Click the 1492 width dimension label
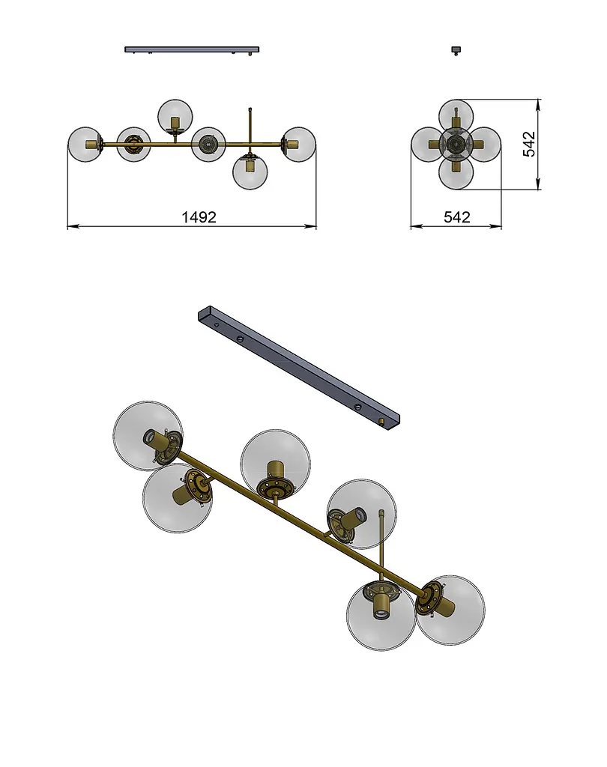pyautogui.click(x=199, y=216)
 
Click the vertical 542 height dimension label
pyautogui.click(x=529, y=144)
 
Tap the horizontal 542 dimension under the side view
pyautogui.click(x=456, y=216)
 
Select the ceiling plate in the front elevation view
pyautogui.click(x=192, y=49)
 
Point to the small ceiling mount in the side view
pyautogui.click(x=456, y=49)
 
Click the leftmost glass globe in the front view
pyautogui.click(x=85, y=145)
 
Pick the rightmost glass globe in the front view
pyautogui.click(x=298, y=145)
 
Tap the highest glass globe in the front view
pyautogui.click(x=175, y=116)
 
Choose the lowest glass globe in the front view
pyautogui.click(x=250, y=172)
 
